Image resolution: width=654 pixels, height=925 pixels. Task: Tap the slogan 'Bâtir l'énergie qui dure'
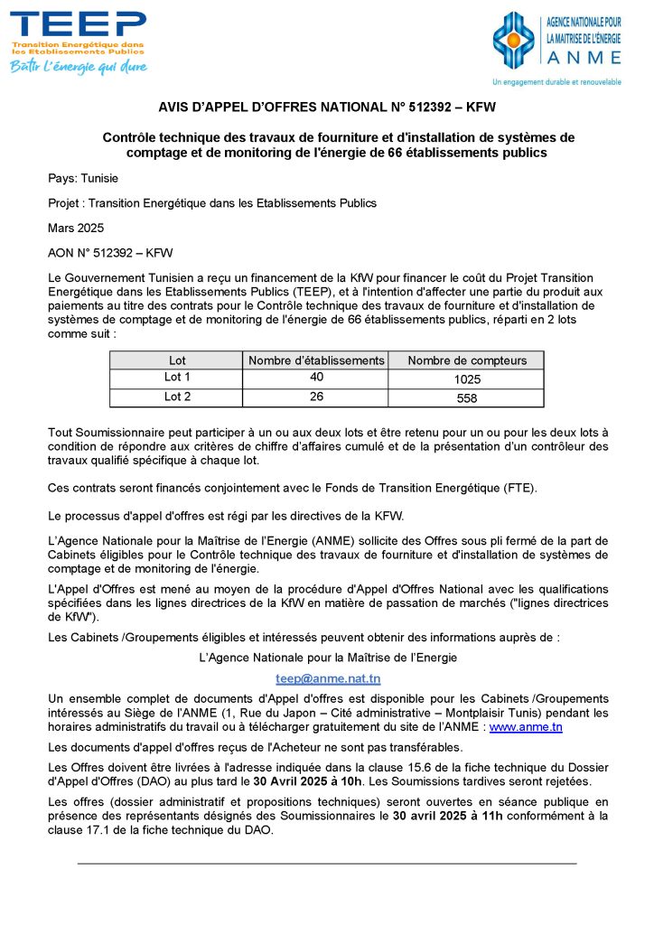[x=78, y=67]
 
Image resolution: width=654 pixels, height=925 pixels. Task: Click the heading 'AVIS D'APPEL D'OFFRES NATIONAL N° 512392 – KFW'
[x=326, y=107]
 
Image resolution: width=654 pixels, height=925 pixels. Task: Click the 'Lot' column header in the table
[x=177, y=360]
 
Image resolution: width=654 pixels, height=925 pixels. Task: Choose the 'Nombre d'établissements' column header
[x=316, y=360]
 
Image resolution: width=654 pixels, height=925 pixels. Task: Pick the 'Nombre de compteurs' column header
[x=467, y=360]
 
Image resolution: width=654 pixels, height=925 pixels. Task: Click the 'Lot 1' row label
[x=177, y=378]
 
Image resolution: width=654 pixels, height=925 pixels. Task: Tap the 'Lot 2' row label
[x=177, y=397]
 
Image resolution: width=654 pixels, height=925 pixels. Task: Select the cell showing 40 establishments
[x=316, y=378]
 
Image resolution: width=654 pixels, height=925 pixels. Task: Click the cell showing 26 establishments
[x=316, y=397]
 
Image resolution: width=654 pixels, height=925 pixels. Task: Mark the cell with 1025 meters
[x=467, y=380]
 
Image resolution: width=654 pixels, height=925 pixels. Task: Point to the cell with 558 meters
[x=467, y=398]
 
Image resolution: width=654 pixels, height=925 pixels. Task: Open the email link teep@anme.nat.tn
[x=328, y=677]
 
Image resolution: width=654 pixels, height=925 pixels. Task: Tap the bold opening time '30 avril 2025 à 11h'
[x=447, y=816]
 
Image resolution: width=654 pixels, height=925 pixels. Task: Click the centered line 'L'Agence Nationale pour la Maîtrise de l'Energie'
[x=328, y=658]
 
